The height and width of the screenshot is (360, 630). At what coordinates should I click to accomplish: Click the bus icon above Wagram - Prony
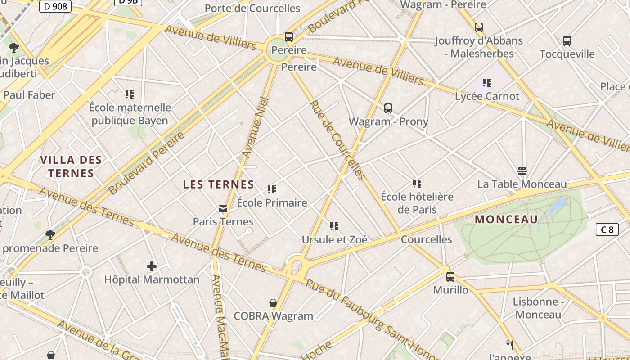point(388,108)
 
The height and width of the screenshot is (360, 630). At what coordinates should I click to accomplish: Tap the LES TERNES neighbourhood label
point(219,184)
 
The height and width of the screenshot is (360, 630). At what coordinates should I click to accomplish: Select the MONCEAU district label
point(506,220)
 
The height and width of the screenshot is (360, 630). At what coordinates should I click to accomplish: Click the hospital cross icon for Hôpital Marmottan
point(152,266)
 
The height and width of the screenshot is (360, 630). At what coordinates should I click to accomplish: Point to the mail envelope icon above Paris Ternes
point(223,209)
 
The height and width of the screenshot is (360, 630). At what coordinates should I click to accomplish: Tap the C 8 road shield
point(607,229)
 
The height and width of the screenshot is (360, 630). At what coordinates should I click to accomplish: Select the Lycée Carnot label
point(487,96)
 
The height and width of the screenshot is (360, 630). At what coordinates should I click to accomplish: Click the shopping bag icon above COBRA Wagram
point(273,303)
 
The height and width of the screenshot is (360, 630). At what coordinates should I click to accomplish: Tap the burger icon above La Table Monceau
point(522,171)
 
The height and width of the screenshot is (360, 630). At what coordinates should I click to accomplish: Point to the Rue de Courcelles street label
point(337,140)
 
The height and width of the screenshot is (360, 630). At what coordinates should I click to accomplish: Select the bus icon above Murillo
point(450,277)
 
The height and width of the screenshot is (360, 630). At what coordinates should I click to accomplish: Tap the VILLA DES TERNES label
point(71,166)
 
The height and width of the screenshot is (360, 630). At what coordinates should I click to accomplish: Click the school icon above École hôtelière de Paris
point(417,184)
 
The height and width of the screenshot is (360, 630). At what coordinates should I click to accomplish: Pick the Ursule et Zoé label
point(334,239)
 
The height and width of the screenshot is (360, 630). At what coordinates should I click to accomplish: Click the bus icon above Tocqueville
point(567,41)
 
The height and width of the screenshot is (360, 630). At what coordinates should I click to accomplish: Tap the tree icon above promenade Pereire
point(50,235)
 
